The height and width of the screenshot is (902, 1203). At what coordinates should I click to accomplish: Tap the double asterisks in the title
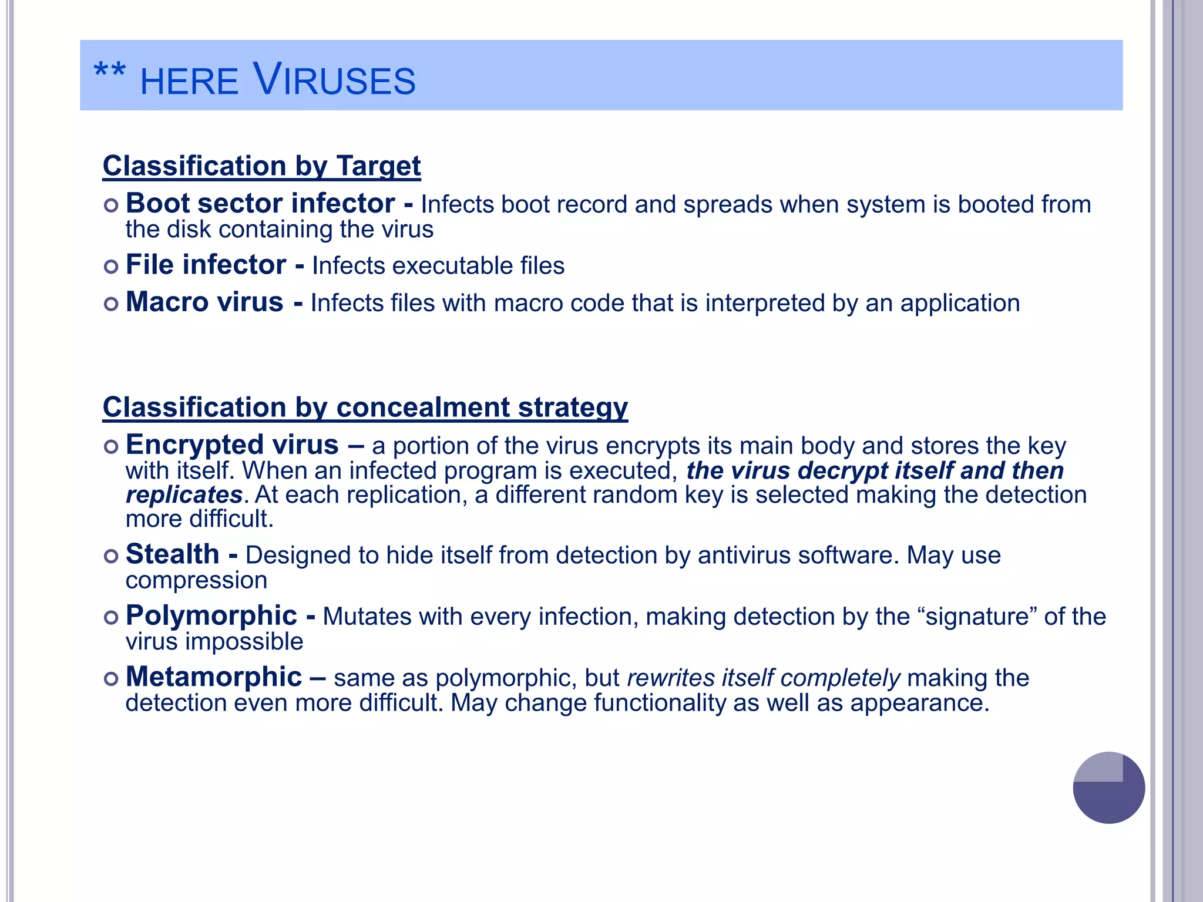click(x=110, y=72)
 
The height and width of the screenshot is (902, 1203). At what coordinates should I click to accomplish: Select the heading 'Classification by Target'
click(x=261, y=166)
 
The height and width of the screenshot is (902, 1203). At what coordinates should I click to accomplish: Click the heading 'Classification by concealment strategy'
click(x=365, y=408)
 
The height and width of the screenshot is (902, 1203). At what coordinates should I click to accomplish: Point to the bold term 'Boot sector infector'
click(x=260, y=204)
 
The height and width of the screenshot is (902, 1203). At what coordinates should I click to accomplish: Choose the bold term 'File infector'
click(x=206, y=265)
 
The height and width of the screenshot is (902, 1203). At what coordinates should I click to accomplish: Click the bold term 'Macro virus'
click(x=204, y=302)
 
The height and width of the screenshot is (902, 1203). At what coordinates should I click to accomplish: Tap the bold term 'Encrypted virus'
click(x=232, y=445)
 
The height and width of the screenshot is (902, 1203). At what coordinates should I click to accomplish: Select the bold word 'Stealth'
click(x=172, y=554)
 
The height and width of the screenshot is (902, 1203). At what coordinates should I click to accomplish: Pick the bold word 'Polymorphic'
click(x=211, y=616)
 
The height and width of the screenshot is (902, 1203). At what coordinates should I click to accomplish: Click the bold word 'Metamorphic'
click(x=214, y=677)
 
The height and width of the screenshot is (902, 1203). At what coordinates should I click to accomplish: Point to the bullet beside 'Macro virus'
click(x=111, y=304)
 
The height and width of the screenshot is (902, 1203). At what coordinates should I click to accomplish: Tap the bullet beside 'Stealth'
click(x=111, y=556)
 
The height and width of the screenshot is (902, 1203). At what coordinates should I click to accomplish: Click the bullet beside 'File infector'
click(x=111, y=267)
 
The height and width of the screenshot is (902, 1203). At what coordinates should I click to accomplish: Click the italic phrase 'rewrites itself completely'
click(x=763, y=678)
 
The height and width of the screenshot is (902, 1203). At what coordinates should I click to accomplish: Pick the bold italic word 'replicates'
click(x=184, y=495)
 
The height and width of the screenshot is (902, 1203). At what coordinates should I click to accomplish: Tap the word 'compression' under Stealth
click(x=196, y=580)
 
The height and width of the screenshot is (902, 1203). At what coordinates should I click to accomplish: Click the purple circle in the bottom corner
click(x=1108, y=787)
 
